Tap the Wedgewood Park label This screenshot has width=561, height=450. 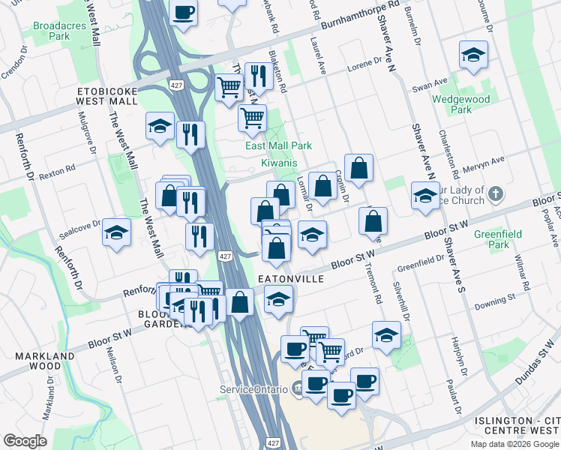(461, 104)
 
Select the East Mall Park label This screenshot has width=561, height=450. (278, 145)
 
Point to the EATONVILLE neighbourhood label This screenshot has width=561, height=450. (290, 278)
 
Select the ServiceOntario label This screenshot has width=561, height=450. (253, 389)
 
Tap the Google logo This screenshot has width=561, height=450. (25, 441)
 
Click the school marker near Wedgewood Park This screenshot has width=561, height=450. (473, 55)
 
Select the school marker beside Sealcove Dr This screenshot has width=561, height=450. (117, 232)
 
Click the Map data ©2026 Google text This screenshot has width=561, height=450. (514, 444)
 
